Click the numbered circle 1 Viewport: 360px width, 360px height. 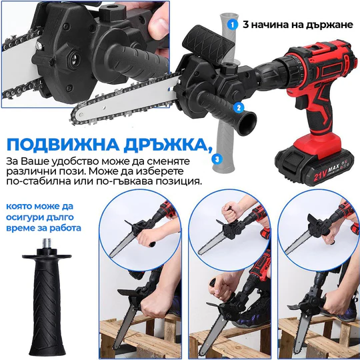click(x=232, y=23)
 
